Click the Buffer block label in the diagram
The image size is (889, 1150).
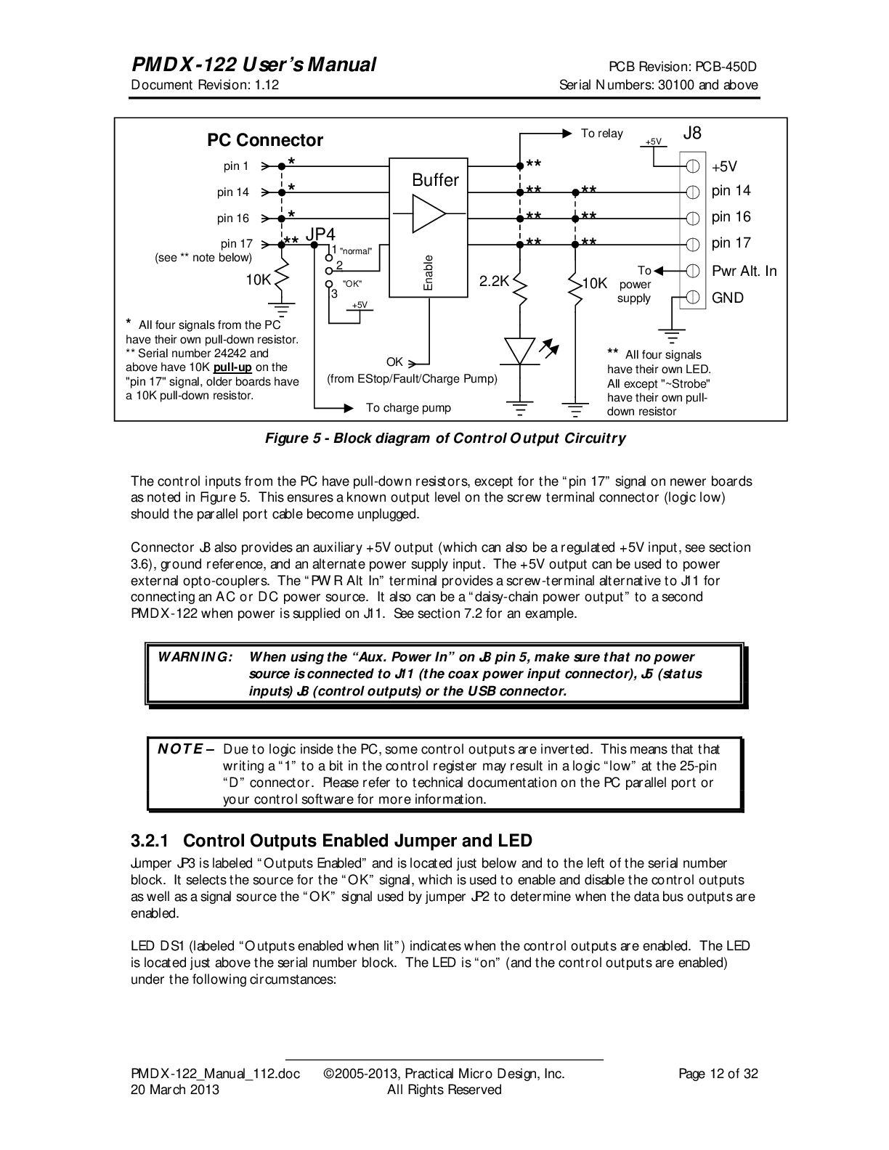coord(435,180)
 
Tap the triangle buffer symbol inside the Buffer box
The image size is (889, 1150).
coord(429,214)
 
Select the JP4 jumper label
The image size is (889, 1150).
coord(320,235)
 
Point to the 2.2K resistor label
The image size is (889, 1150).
coord(494,281)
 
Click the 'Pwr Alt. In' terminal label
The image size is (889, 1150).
coord(744,271)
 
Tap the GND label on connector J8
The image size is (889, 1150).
coord(728,298)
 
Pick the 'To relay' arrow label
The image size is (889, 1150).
coord(601,134)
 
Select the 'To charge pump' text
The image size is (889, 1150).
coord(408,408)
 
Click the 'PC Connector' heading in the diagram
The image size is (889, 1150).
coord(265,140)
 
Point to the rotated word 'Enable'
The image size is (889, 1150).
coord(429,273)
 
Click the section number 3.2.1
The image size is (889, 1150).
coord(150,841)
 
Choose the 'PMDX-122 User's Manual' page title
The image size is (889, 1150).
coord(253,65)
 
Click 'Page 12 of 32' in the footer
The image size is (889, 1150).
coord(718,1074)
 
